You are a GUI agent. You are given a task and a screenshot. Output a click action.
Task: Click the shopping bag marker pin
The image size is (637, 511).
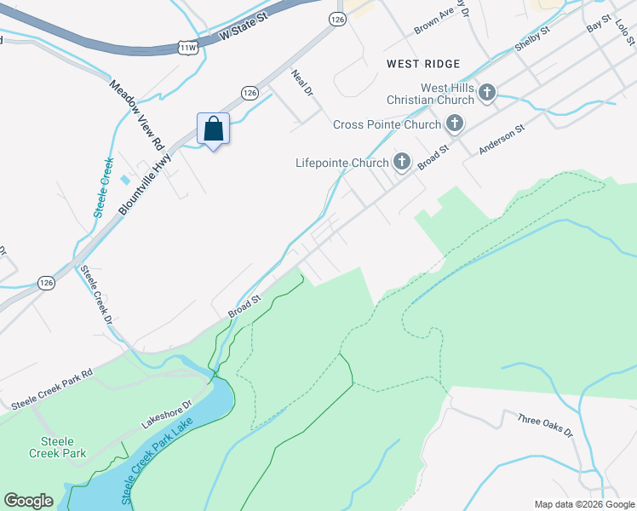(213, 129)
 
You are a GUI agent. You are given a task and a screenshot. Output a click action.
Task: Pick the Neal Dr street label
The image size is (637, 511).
(302, 83)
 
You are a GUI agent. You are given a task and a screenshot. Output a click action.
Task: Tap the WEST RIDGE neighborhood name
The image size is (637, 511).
(422, 64)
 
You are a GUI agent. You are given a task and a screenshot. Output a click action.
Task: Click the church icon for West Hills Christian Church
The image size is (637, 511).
(487, 93)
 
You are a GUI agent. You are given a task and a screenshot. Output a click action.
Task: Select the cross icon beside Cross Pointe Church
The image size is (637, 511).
(455, 124)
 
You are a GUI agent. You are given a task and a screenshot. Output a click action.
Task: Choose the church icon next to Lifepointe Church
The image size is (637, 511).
(401, 162)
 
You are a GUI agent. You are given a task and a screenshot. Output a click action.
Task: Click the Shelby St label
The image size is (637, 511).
(533, 41)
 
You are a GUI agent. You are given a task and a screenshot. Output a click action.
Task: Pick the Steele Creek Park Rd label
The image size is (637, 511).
(52, 388)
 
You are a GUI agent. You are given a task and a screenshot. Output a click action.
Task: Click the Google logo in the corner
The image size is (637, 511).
(28, 501)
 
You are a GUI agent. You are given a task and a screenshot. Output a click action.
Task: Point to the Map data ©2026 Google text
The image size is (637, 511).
(583, 504)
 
